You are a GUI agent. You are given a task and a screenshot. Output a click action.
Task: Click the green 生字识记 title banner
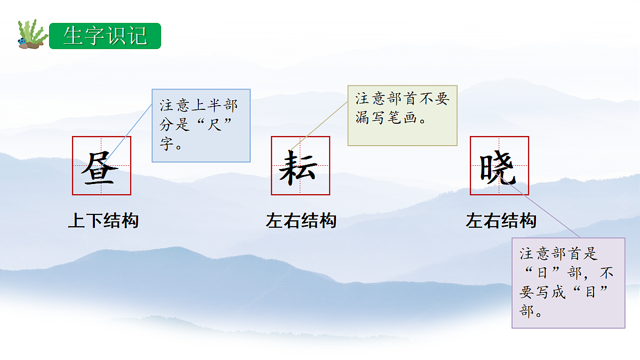(x=105, y=36)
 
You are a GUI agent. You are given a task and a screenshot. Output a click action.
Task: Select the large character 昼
(x=101, y=166)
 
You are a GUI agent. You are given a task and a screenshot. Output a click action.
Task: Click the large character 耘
(x=300, y=166)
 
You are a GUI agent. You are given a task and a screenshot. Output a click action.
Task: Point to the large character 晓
(x=498, y=166)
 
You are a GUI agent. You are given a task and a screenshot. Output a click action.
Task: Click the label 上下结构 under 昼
(x=103, y=221)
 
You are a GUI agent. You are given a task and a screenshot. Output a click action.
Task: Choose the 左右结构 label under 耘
(x=301, y=221)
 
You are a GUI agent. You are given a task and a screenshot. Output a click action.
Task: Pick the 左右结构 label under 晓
(x=501, y=221)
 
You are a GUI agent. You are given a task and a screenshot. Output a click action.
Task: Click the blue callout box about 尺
(x=201, y=126)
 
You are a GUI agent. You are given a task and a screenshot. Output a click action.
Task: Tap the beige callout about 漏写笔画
(x=402, y=115)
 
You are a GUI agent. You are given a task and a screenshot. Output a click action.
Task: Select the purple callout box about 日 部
(x=568, y=283)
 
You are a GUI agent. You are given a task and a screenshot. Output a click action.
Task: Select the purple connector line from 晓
(x=544, y=211)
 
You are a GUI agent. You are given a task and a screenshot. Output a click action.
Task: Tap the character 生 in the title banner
(x=72, y=36)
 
